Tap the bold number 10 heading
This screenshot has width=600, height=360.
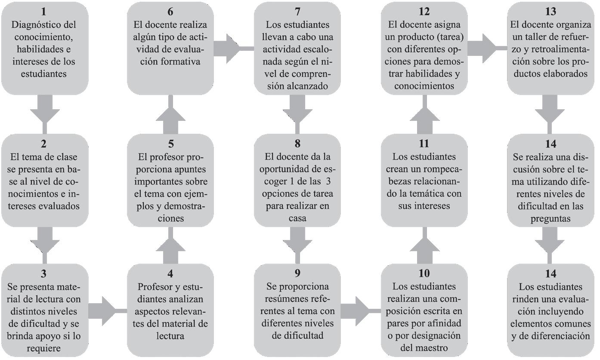pyautogui.click(x=424, y=274)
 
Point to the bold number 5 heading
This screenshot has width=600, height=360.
pyautogui.click(x=170, y=144)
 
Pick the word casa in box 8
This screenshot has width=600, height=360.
pyautogui.click(x=297, y=218)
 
